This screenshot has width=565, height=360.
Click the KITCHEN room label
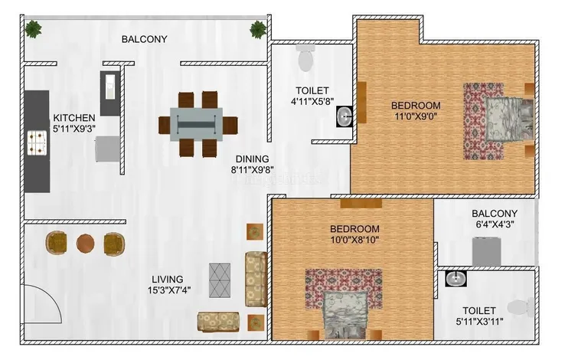(x=74, y=118)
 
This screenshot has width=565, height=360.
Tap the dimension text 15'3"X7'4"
(x=169, y=290)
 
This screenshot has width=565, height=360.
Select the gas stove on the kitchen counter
(x=38, y=142)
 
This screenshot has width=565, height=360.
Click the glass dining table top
(x=197, y=124)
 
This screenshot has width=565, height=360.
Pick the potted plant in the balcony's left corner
(x=34, y=29)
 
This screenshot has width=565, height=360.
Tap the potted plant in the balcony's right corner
(x=258, y=29)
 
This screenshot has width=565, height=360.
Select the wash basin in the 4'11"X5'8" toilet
(x=345, y=116)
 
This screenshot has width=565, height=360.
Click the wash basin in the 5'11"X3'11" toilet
(x=456, y=279)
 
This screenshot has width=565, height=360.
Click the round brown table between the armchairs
(x=86, y=244)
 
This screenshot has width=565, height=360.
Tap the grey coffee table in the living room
(x=220, y=280)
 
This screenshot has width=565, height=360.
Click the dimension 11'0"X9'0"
(x=416, y=116)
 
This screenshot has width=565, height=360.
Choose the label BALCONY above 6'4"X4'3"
(x=495, y=214)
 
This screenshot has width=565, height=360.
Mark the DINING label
(x=252, y=159)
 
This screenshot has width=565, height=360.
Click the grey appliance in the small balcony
(x=486, y=251)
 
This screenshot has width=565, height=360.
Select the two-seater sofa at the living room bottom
(x=218, y=322)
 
